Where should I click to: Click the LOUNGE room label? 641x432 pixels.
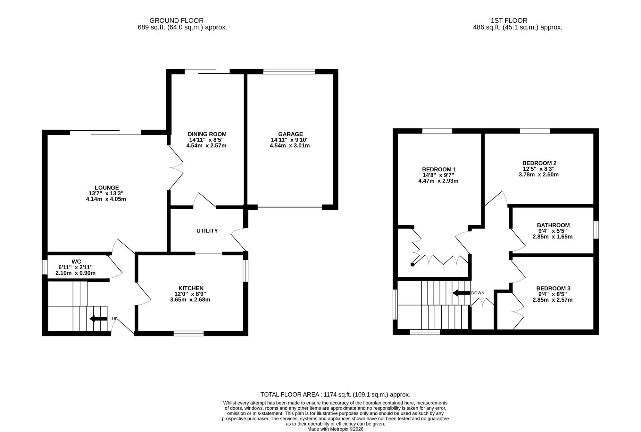tap(107, 188)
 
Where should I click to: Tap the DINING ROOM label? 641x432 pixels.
tap(207, 134)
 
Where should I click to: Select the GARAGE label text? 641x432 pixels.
tap(290, 134)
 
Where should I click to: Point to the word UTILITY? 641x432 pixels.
tap(207, 231)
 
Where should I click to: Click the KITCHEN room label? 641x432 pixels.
tap(191, 288)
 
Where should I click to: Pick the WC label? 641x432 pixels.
tap(76, 262)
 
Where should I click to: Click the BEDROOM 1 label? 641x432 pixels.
tap(439, 169)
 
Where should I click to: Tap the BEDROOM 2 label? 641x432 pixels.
tap(539, 163)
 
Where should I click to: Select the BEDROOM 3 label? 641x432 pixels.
tap(553, 288)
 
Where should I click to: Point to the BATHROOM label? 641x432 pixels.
tap(553, 225)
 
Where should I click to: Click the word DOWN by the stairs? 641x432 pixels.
tap(478, 293)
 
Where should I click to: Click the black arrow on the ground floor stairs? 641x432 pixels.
tap(98, 319)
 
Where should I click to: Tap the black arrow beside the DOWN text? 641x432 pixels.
tap(461, 293)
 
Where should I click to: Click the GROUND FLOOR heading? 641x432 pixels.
tap(176, 21)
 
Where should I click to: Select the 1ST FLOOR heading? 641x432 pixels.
tap(509, 21)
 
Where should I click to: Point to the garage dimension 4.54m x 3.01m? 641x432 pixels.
tap(290, 146)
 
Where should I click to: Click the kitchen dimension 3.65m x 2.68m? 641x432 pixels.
tap(190, 300)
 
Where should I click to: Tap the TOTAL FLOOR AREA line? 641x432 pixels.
tap(335, 395)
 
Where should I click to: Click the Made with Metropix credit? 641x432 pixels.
tap(335, 429)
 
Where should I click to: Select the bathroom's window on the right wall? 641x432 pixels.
tap(596, 230)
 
